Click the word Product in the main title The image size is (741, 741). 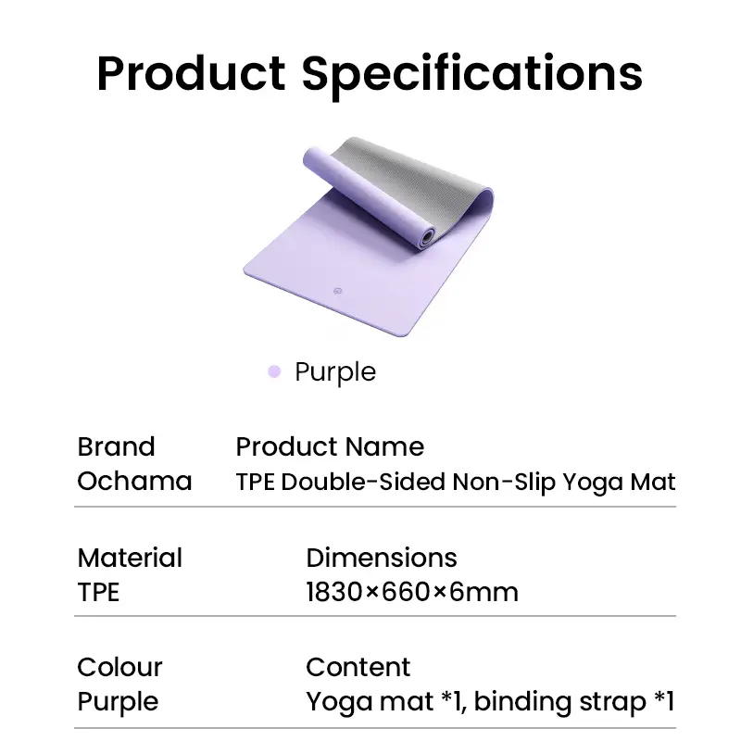click(192, 73)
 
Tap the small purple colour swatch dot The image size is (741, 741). click(274, 372)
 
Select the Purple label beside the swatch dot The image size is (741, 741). click(335, 373)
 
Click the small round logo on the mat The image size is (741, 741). click(337, 291)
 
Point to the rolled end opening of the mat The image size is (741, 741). click(428, 236)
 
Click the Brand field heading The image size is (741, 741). click(117, 446)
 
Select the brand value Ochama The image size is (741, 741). click(134, 482)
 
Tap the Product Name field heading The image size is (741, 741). click(330, 446)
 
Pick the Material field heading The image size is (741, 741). click(130, 558)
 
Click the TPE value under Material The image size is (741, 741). click(98, 592)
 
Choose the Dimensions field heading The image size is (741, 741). click(382, 558)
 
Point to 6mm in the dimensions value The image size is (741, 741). click(484, 592)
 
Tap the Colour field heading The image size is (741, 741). click(119, 667)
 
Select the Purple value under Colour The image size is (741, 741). click(118, 703)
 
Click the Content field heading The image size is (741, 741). click(358, 667)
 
